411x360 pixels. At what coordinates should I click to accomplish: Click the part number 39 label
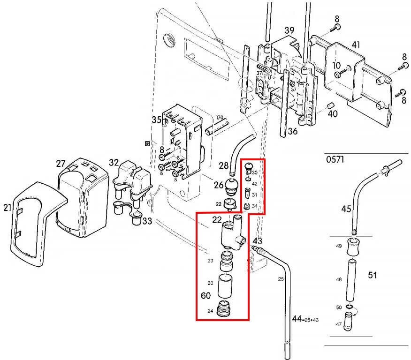pyautogui.click(x=289, y=30)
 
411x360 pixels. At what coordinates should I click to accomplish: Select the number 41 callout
pyautogui.click(x=356, y=45)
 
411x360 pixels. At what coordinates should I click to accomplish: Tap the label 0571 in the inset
pyautogui.click(x=335, y=160)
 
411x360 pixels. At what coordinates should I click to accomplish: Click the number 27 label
pyautogui.click(x=61, y=164)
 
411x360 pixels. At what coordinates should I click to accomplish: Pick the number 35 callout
pyautogui.click(x=157, y=120)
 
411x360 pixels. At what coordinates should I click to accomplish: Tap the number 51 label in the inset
pyautogui.click(x=372, y=275)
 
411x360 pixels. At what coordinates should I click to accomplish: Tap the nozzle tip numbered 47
pyautogui.click(x=350, y=323)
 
